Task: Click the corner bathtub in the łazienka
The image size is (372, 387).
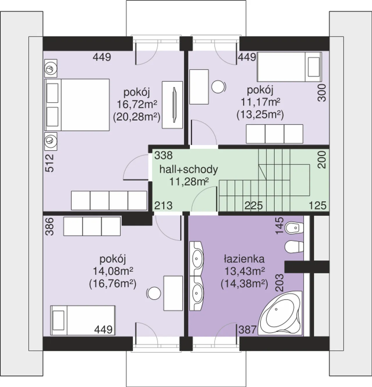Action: (280, 314)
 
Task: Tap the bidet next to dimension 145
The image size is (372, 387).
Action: (294, 228)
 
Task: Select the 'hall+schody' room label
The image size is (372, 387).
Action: (189, 170)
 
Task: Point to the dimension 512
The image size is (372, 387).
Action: (50, 163)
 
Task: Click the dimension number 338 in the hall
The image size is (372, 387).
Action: (163, 155)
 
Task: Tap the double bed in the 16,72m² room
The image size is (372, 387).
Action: (77, 105)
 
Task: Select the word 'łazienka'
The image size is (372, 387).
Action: (244, 259)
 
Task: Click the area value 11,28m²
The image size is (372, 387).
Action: (189, 181)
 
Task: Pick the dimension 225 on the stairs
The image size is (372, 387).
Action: (254, 206)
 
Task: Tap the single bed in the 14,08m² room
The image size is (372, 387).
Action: (83, 321)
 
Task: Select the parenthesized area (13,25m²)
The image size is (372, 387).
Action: (260, 115)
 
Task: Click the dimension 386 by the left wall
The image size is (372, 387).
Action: (50, 227)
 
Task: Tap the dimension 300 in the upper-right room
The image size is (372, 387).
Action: (322, 93)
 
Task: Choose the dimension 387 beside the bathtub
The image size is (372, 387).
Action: (247, 330)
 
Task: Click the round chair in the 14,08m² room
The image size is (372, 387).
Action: (153, 293)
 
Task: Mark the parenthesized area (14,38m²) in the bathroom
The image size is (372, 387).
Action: (244, 284)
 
